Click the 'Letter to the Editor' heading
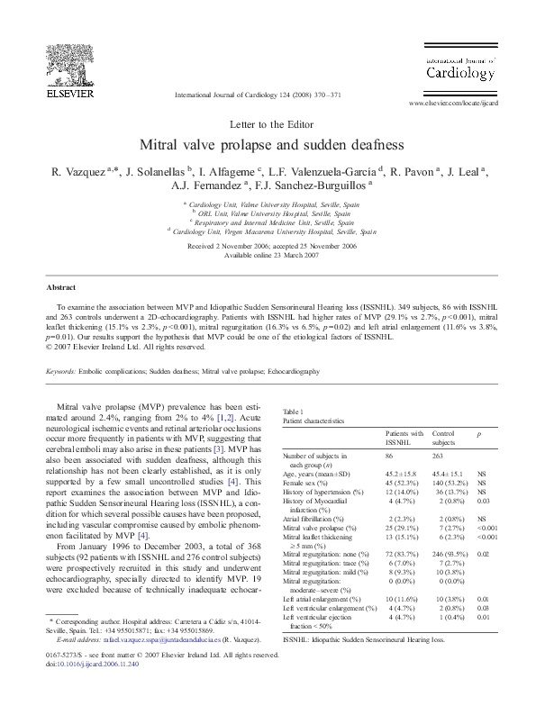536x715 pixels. pos(268,122)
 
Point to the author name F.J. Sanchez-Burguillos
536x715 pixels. pos(319,186)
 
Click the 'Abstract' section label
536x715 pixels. pos(60,287)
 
